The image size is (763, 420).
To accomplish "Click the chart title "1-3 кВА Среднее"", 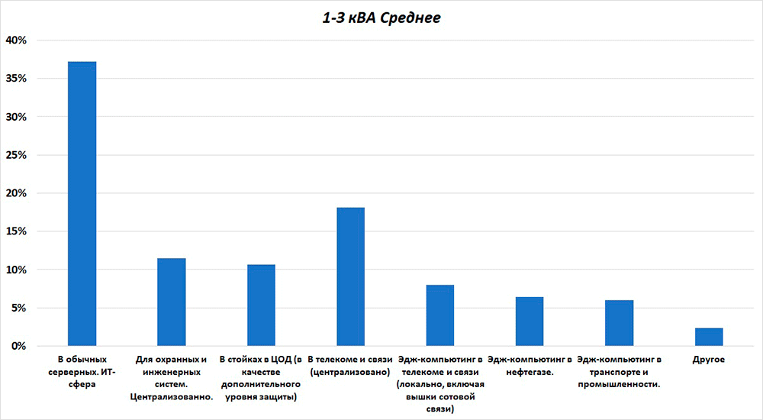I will (381, 17).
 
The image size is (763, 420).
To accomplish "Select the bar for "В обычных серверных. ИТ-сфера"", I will (82, 204).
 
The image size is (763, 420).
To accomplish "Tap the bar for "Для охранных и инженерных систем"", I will (172, 302).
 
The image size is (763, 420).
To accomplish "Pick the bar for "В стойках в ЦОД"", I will (261, 305).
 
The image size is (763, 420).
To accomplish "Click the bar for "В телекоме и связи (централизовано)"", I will (350, 276).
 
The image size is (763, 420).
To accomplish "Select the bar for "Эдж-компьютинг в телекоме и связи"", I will (440, 315).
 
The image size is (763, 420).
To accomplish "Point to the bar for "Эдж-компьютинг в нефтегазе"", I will (530, 321).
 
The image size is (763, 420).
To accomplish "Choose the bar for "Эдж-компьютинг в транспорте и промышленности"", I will (619, 323).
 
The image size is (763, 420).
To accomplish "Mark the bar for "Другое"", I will (709, 337).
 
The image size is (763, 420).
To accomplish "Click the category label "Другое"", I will (709, 359).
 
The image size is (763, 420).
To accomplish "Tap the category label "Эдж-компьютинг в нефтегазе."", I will (530, 365).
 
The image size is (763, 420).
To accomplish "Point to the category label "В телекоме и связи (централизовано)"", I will (350, 365).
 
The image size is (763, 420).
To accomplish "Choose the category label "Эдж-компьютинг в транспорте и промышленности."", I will (619, 371).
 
